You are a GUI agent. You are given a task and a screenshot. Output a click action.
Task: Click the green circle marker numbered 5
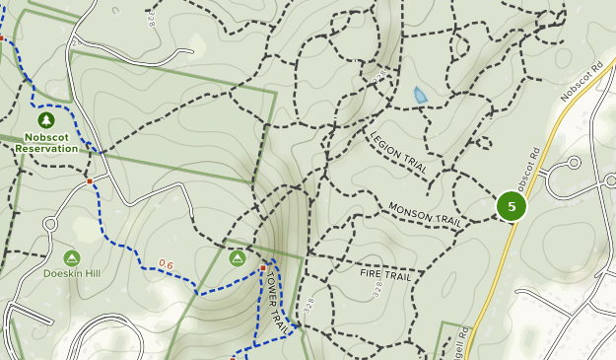pyautogui.click(x=512, y=206)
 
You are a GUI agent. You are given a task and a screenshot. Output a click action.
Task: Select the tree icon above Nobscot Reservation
pyautogui.click(x=45, y=119)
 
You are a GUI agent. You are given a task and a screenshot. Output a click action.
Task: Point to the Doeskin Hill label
pyautogui.click(x=71, y=273)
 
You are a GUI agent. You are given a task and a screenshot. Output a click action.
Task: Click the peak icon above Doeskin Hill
pyautogui.click(x=71, y=257)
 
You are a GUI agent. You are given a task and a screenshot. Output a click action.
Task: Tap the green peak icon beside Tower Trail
pyautogui.click(x=238, y=257)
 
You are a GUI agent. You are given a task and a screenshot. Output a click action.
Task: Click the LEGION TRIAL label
pyautogui.click(x=398, y=154)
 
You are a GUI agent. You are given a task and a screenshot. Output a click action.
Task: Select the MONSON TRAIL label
pyautogui.click(x=425, y=214)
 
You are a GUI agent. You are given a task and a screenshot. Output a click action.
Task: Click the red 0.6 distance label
pyautogui.click(x=166, y=264)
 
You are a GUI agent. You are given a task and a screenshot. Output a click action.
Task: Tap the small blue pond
pyautogui.click(x=421, y=95)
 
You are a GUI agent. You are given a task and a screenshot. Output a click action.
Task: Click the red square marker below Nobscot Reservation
pyautogui.click(x=89, y=181)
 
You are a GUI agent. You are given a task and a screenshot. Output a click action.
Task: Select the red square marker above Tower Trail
pyautogui.click(x=263, y=267)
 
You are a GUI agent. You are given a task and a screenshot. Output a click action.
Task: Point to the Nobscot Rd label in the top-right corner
pyautogui.click(x=580, y=82)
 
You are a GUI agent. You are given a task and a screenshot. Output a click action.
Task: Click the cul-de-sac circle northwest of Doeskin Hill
pyautogui.click(x=49, y=224)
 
